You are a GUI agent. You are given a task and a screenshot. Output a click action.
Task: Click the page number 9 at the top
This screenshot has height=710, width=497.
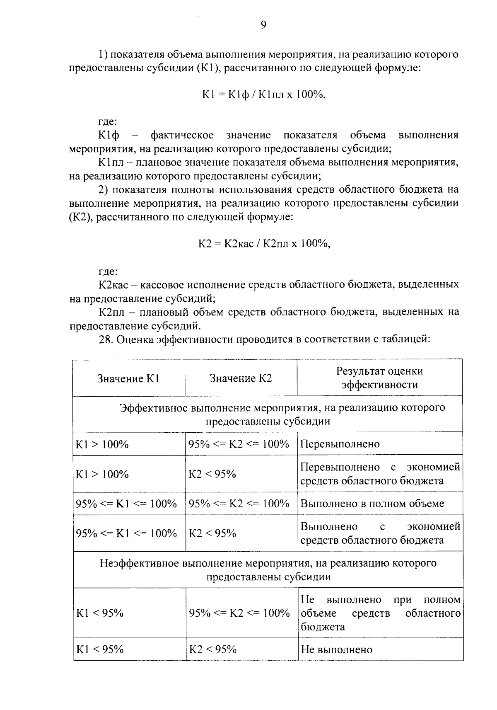point(263,26)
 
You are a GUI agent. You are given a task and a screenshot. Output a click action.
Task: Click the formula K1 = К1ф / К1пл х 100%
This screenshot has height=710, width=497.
point(263,95)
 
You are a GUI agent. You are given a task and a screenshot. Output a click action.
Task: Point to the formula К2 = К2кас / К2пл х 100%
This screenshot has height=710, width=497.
point(263,244)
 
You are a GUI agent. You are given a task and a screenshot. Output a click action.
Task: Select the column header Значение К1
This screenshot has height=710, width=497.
point(128,378)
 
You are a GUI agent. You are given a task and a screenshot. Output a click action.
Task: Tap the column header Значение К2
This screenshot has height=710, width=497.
point(241,378)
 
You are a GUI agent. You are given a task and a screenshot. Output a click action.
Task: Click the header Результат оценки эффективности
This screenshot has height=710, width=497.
point(379,378)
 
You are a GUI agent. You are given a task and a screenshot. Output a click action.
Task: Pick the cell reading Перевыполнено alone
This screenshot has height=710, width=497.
point(340,444)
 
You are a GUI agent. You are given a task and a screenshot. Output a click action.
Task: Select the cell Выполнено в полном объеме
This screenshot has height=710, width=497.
point(372,504)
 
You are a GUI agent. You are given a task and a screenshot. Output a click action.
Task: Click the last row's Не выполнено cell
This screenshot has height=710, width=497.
point(337,649)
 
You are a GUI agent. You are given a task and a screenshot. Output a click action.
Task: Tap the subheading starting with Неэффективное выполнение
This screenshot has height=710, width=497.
point(268,570)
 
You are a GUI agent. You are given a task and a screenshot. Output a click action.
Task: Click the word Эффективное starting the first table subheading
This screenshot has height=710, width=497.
point(153,408)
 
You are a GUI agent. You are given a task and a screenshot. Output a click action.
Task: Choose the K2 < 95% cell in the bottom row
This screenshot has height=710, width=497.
point(213,649)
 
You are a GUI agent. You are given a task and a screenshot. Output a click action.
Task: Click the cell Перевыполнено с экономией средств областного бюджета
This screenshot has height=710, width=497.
point(379,474)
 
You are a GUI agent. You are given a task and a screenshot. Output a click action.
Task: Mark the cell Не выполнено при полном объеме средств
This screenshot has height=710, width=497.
point(379,613)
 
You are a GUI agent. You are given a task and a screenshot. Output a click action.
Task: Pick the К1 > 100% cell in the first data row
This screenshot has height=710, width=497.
point(102,444)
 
